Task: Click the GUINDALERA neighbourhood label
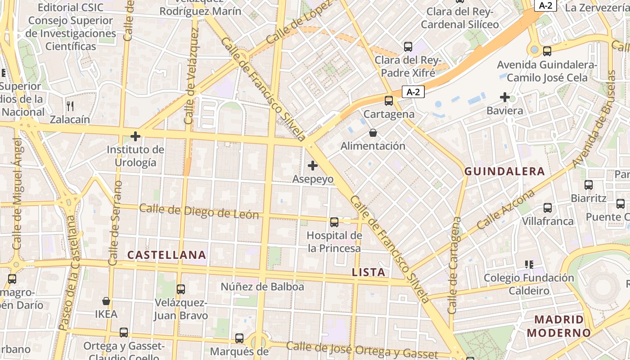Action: [504, 171]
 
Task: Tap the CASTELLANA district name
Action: [166, 255]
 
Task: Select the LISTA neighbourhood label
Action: [369, 272]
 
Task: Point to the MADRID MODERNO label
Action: [558, 326]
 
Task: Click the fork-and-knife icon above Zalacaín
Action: [70, 106]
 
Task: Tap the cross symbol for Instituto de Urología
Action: [135, 136]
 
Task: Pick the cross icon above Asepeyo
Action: [313, 166]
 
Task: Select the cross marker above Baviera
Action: [505, 97]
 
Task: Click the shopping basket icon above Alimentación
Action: [373, 133]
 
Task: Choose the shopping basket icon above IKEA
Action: [106, 301]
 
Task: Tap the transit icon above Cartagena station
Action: [389, 101]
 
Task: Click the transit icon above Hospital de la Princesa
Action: [334, 222]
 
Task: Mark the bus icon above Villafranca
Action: [548, 208]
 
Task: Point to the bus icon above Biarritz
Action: [589, 184]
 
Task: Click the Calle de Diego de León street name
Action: [199, 211]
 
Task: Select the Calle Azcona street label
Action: [506, 209]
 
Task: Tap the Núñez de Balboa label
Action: [262, 287]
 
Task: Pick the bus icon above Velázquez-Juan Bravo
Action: [181, 289]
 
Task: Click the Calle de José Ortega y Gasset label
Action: [362, 350]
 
